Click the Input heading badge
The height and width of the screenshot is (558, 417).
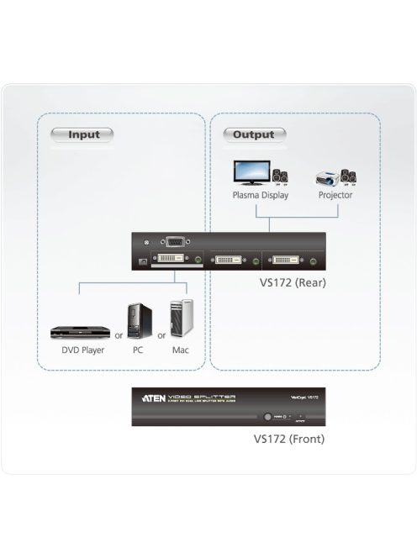click(82, 134)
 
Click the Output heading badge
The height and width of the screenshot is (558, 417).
click(254, 134)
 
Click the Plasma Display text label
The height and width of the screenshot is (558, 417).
click(261, 195)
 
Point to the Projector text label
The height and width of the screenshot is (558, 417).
click(335, 195)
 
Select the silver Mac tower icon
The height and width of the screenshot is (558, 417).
click(181, 320)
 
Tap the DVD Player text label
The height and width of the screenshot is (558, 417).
click(82, 350)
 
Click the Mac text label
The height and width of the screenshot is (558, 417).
click(180, 350)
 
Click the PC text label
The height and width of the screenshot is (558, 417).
click(137, 350)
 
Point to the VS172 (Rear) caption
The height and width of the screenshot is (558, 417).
click(293, 282)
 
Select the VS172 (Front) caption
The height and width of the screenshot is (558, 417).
click(289, 438)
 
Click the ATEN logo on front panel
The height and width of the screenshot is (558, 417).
click(156, 397)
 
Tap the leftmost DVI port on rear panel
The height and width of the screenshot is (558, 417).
click(168, 260)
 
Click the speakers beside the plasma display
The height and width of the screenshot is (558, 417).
click(280, 177)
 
